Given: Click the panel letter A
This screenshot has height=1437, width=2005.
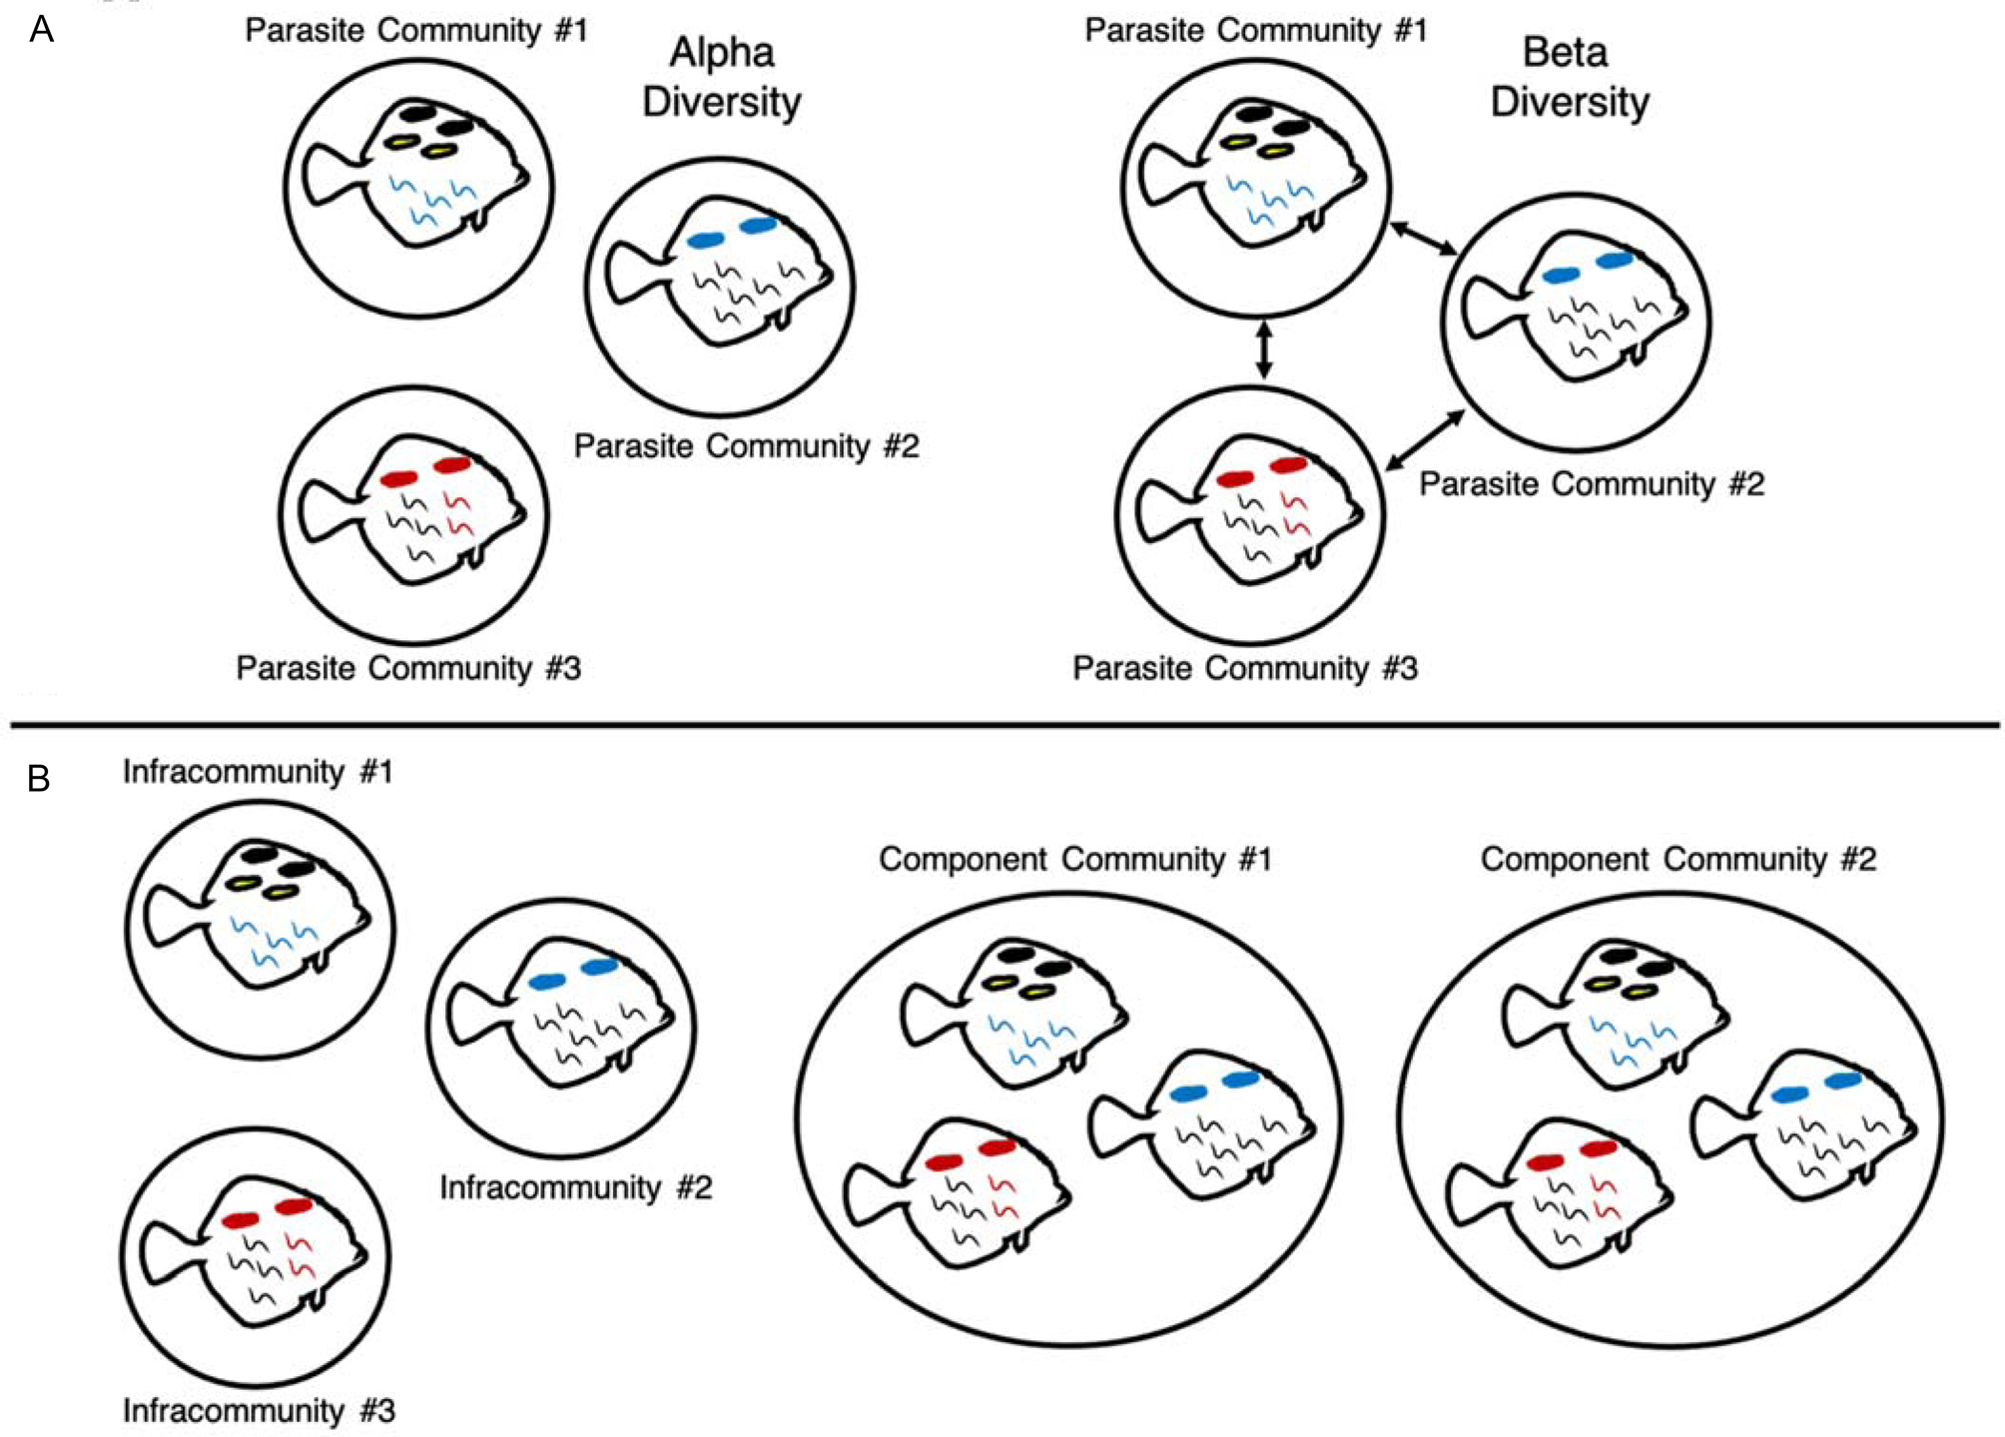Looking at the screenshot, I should [x=41, y=30].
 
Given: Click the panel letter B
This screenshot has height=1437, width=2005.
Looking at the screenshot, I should [x=39, y=778].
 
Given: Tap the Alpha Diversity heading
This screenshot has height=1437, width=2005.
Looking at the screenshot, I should [x=722, y=77].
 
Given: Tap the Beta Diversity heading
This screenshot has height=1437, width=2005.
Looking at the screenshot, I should [x=1569, y=77].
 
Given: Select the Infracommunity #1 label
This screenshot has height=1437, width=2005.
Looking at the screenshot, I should [x=258, y=772].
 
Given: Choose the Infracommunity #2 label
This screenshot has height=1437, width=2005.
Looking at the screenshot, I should [x=576, y=1187].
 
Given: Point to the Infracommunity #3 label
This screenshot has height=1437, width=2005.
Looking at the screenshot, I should [x=259, y=1410].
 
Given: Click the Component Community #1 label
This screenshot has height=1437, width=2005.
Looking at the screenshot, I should [x=1075, y=859].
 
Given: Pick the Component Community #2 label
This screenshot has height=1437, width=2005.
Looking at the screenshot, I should [x=1677, y=859].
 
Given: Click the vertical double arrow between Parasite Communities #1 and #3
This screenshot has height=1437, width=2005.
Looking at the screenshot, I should [x=1264, y=350].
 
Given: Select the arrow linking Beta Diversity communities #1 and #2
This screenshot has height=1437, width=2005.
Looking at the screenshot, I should [x=1424, y=238].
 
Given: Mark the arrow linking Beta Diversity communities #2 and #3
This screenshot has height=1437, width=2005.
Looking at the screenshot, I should [x=1426, y=440].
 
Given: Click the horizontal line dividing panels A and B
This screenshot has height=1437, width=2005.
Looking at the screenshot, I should [x=1002, y=723].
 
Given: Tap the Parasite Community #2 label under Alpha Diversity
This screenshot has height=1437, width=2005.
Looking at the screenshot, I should [x=746, y=445].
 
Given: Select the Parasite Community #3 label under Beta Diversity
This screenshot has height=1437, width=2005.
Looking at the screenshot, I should [x=1245, y=668].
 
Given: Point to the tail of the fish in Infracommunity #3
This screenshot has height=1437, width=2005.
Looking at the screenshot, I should [x=164, y=1252].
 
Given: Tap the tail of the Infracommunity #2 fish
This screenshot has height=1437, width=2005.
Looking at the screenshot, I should [x=470, y=1014].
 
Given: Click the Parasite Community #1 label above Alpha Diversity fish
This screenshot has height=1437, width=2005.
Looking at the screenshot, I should [x=416, y=30].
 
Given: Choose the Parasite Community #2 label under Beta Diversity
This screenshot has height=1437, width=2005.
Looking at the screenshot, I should [x=1592, y=484].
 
